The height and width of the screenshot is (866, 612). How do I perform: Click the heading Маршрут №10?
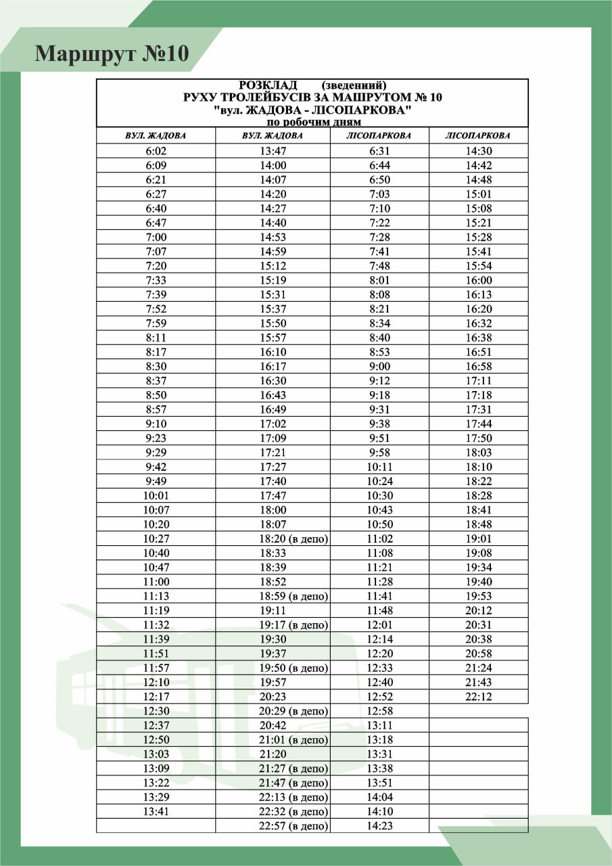point(112,53)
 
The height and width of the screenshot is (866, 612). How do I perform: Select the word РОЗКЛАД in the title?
point(268,85)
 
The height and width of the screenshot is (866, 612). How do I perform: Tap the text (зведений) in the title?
point(354,85)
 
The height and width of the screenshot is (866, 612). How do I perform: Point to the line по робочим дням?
point(313,122)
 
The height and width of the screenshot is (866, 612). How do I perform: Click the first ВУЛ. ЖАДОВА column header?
point(156,136)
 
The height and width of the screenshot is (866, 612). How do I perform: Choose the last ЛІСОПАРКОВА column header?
point(478,136)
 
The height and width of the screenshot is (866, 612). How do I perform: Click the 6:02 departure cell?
point(156,151)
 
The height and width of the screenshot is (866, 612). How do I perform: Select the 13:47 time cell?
point(273,151)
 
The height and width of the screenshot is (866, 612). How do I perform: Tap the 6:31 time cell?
point(379,151)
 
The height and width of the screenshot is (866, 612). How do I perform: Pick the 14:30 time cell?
point(478,151)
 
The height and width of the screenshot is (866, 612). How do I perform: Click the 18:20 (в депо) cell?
point(293,539)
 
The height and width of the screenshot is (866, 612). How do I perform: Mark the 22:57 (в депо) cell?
point(293,826)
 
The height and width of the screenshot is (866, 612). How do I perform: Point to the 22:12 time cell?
point(478,697)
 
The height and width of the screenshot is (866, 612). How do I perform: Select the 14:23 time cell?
point(379,826)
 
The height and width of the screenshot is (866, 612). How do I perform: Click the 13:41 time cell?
point(156,811)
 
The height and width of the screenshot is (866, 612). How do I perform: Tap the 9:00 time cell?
point(379,367)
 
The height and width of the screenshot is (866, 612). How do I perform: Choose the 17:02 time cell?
point(273,424)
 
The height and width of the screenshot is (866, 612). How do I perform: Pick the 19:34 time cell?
point(478,568)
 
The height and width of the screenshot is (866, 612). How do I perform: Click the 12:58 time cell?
point(379,711)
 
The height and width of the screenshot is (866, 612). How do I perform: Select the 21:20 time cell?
point(273,754)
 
